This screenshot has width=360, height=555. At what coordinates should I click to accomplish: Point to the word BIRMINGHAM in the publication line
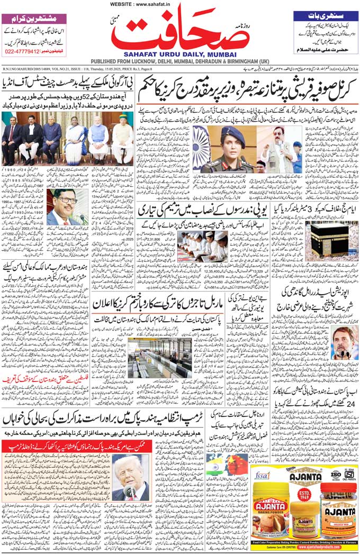point(238,61)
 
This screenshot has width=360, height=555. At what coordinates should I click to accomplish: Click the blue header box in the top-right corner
point(323,16)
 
